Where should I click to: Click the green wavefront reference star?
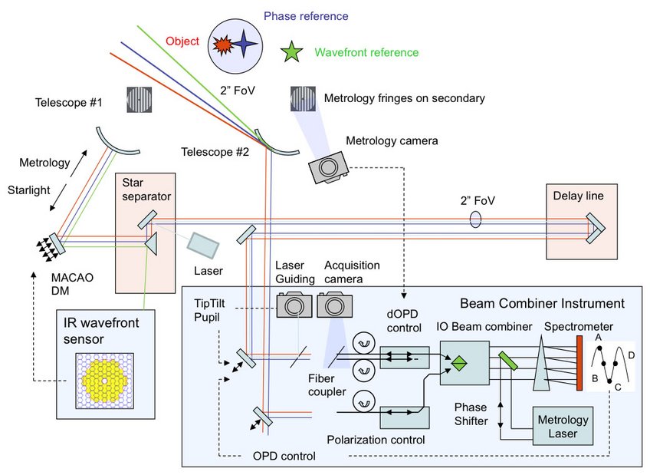(291, 52)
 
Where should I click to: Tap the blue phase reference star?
(246, 45)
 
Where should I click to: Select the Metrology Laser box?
(563, 427)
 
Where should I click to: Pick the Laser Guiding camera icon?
(294, 305)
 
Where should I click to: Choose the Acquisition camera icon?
(334, 305)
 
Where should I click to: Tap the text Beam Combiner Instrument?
(541, 303)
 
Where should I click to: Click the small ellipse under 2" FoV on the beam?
(475, 220)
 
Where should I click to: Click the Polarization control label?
(376, 440)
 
